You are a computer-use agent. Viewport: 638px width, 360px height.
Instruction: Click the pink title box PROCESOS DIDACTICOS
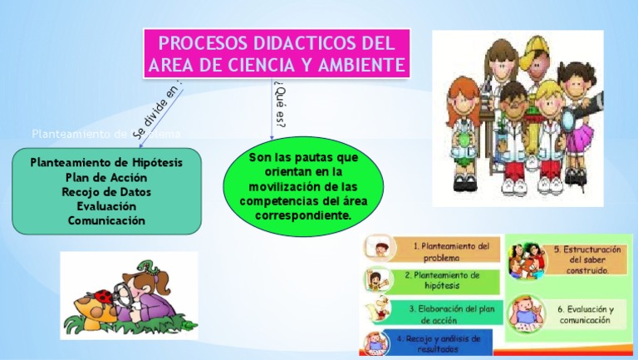point(277,53)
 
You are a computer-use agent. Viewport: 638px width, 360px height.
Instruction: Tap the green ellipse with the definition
point(302,186)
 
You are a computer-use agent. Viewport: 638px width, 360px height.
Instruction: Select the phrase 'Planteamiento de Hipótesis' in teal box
point(106,162)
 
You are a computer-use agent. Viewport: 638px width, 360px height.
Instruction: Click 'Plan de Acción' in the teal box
point(106,177)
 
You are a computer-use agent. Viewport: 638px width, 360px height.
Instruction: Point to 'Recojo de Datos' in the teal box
point(106,192)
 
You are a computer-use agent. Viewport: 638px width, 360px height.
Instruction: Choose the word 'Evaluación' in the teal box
point(106,206)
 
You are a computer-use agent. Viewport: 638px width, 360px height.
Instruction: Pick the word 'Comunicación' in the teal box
point(106,220)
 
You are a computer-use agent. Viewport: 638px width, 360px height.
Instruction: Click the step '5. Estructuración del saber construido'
point(586,259)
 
